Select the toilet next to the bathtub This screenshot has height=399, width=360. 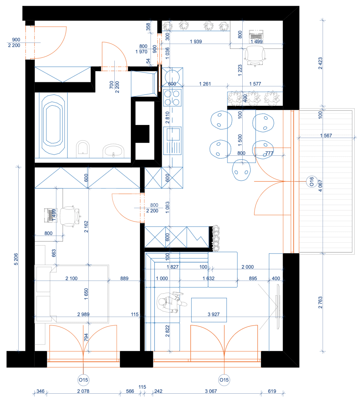tap(83, 150)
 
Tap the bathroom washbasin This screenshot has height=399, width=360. tap(113, 152)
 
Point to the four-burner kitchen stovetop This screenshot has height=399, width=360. tap(172, 97)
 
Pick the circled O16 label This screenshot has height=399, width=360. tap(311, 182)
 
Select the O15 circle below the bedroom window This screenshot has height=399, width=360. tap(83, 380)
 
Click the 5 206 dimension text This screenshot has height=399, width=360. tap(16, 259)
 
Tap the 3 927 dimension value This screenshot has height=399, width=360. tap(213, 314)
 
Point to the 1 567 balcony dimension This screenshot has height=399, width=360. tap(326, 135)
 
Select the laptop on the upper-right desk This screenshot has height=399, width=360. tap(256, 35)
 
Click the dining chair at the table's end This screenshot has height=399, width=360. tap(241, 170)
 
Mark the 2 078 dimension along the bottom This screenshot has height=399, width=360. tap(83, 391)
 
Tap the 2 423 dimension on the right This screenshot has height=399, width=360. tap(320, 63)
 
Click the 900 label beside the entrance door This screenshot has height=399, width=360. tap(16, 40)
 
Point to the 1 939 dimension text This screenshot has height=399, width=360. tap(196, 42)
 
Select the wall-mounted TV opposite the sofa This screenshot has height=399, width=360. tap(277, 307)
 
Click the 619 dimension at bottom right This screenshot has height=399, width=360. tap(272, 391)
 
